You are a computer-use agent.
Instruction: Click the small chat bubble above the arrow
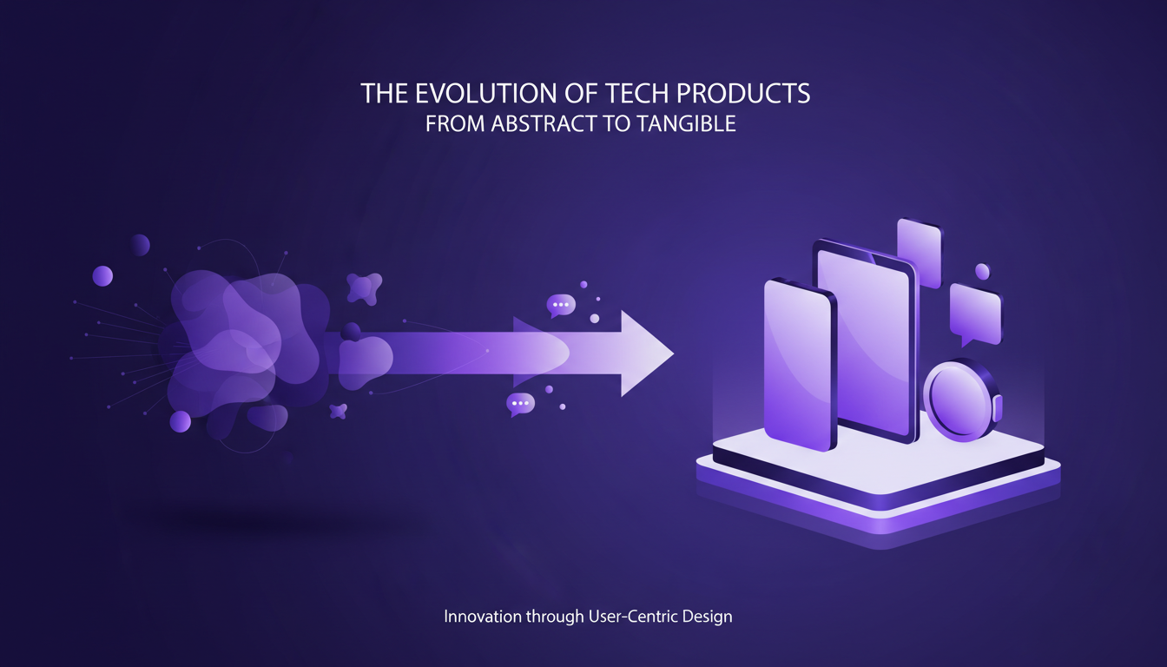click(561, 304)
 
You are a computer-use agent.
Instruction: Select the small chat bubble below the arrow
click(521, 404)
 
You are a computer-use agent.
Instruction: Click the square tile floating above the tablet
click(919, 252)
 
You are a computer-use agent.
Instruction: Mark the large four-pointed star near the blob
click(364, 287)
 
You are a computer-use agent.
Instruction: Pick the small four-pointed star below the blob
click(338, 411)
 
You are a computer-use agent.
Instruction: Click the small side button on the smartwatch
click(997, 407)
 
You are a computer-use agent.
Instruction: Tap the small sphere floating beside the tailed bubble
click(982, 272)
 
